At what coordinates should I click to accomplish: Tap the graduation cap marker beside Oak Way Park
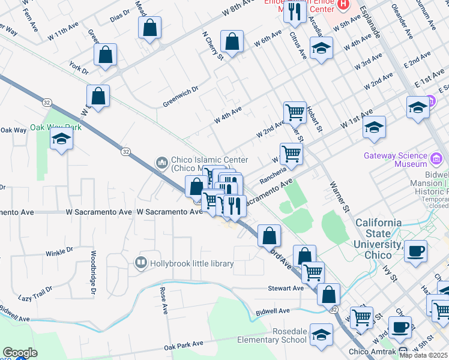coord(61,140)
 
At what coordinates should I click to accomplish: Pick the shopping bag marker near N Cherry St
coord(232,43)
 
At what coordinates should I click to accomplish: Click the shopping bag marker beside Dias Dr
coord(149,28)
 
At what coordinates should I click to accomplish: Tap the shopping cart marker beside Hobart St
coord(295,112)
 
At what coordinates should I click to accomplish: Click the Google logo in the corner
coord(20,353)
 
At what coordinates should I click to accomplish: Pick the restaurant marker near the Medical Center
coord(294,13)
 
